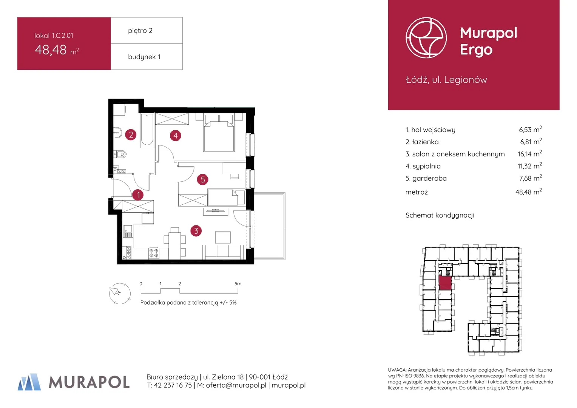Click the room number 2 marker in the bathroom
click(x=131, y=135)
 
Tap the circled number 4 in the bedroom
click(x=176, y=135)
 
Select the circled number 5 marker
click(x=203, y=180)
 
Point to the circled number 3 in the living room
click(x=196, y=231)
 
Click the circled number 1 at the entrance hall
click(x=138, y=195)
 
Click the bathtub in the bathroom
click(x=147, y=130)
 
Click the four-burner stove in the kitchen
click(x=154, y=253)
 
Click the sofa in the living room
click(x=223, y=252)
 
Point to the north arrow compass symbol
click(x=120, y=293)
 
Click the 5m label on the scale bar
click(x=238, y=283)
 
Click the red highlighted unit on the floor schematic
click(x=445, y=283)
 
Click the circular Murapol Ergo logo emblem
click(x=426, y=38)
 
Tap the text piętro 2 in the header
click(x=140, y=31)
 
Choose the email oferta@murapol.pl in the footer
click(x=236, y=385)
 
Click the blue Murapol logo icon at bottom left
click(x=29, y=382)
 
